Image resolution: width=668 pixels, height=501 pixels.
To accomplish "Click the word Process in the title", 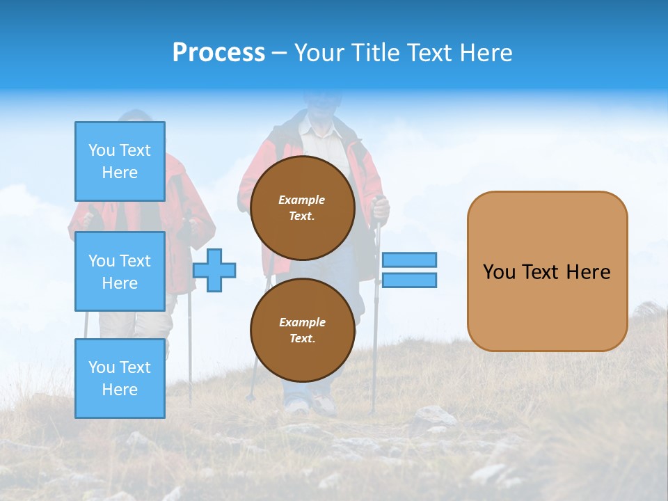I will (x=218, y=53).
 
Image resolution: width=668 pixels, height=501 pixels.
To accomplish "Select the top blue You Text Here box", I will (x=120, y=161).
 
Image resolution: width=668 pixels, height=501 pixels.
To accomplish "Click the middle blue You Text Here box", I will (x=120, y=271).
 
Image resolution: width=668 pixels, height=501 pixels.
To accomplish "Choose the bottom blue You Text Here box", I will (x=120, y=378).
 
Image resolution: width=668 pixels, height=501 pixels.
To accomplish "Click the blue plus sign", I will (x=214, y=269).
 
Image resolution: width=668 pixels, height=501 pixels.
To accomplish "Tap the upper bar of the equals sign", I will (x=409, y=260).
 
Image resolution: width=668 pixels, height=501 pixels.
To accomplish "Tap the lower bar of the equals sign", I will (x=409, y=280).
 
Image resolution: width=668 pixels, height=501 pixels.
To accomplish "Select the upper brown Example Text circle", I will (x=302, y=208).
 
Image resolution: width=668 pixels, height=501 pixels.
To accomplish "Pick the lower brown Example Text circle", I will (x=302, y=331).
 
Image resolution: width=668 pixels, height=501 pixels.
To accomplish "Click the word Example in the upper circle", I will (x=302, y=200).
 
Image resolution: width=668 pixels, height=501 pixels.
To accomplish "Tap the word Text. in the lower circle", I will (x=302, y=339).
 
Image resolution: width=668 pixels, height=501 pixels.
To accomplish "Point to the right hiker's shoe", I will (x=324, y=405).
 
